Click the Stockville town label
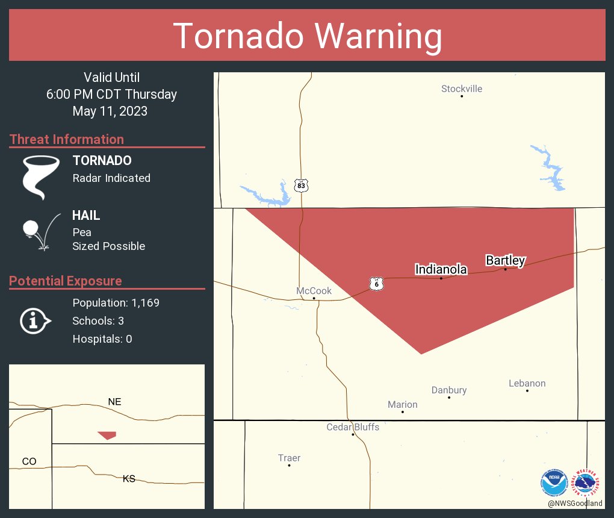point(462,89)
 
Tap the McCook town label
point(314,291)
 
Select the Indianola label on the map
point(441,269)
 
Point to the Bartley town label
point(506,260)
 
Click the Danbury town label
point(449,390)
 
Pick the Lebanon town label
point(527,383)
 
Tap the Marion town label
point(403,405)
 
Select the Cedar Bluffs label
point(353,427)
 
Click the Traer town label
point(289,458)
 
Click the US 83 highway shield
point(302,186)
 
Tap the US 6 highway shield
point(377,284)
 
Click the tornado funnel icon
point(41,176)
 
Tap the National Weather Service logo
point(588,482)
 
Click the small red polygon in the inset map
point(107,435)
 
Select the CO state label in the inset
point(29,461)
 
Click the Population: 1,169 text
point(116,303)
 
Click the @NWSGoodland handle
point(575,504)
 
